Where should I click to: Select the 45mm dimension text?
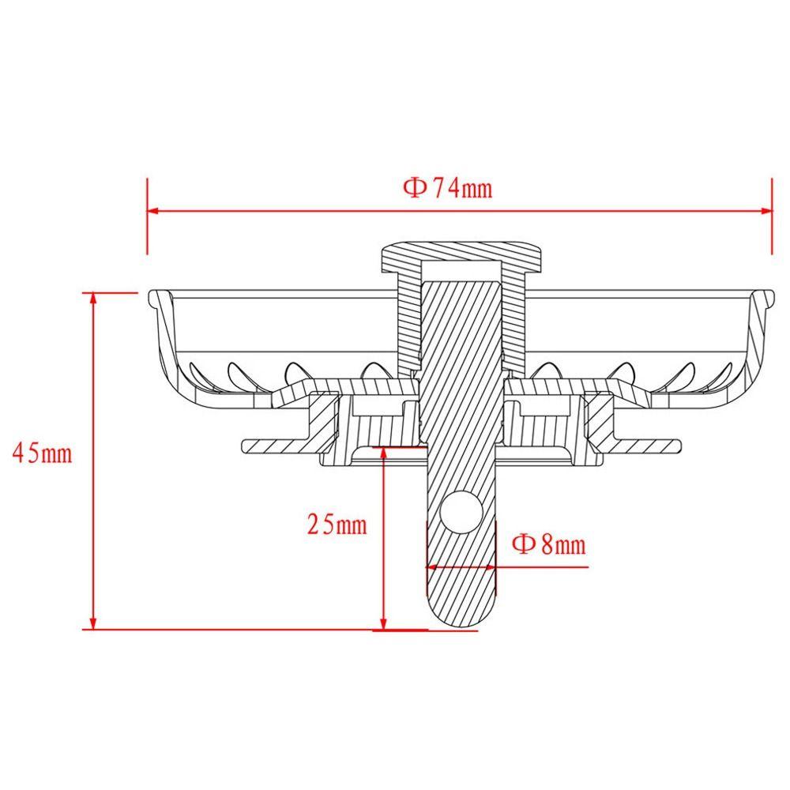43,454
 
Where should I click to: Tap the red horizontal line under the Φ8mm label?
545,566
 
